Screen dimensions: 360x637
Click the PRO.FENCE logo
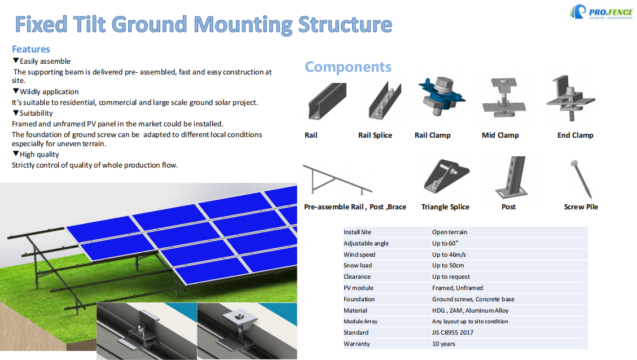(x=599, y=12)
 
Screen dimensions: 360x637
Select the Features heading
(x=31, y=49)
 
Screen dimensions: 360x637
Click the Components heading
(x=348, y=67)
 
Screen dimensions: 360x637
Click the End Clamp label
(x=575, y=135)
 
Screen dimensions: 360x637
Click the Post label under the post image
(x=508, y=207)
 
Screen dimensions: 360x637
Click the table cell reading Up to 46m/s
(x=449, y=254)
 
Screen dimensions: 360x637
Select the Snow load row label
(x=358, y=266)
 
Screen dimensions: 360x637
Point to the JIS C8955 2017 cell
(x=453, y=332)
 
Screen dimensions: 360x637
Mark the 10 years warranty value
(x=443, y=344)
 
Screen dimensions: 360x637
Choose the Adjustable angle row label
(x=366, y=243)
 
